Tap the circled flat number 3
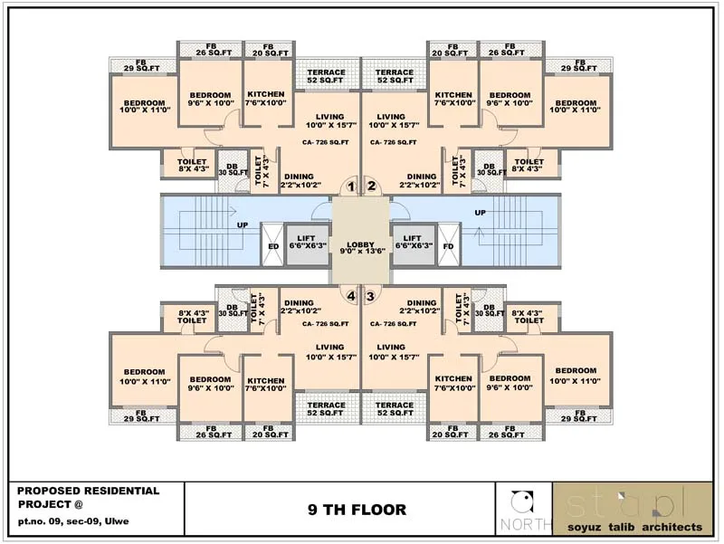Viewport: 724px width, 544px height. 371,295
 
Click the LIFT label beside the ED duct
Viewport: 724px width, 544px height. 308,238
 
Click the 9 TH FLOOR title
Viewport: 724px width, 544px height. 344,510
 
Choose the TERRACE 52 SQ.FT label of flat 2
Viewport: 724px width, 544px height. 395,77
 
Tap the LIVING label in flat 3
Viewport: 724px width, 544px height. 391,347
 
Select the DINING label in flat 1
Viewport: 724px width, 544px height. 299,177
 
